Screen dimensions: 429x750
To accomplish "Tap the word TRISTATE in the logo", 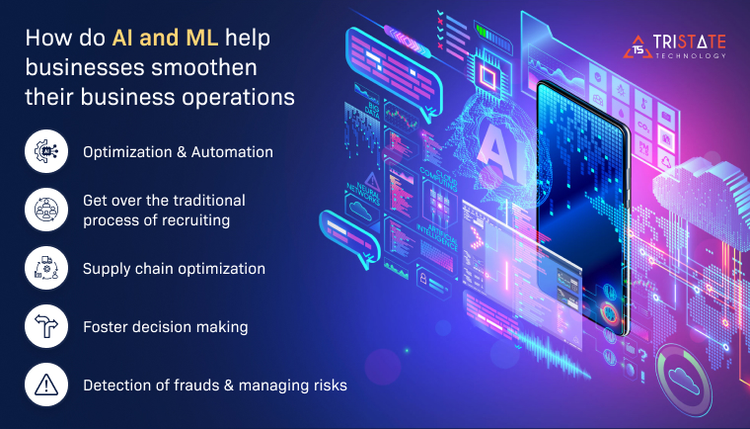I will point(690,41).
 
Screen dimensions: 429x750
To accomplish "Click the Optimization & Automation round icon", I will point(46,152).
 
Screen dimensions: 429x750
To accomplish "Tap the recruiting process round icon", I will point(46,209).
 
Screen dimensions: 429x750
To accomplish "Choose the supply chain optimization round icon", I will point(46,268).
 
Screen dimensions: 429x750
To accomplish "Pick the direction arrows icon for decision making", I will point(46,327).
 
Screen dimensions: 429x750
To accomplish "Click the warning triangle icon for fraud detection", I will point(46,386).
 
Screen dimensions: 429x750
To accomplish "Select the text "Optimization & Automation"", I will point(178,152).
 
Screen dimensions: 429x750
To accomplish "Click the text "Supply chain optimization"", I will point(174,269).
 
